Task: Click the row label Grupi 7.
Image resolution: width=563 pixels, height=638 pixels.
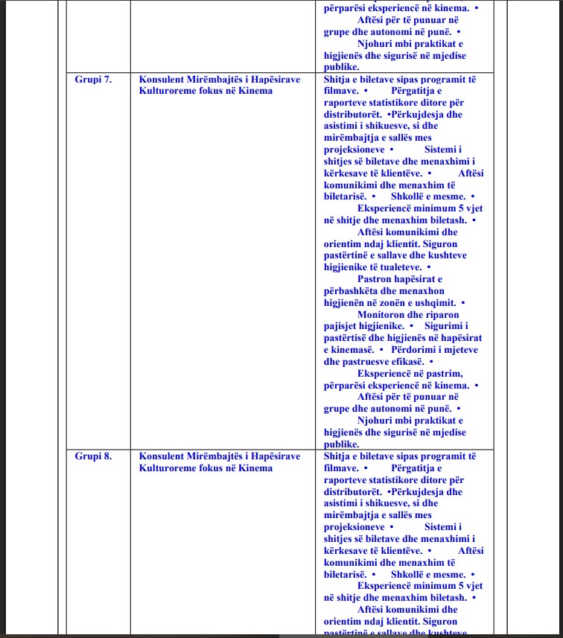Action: [x=93, y=80]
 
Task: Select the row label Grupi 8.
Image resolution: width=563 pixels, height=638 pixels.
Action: [x=93, y=456]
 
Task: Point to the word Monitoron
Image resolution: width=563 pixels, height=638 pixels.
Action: [x=383, y=314]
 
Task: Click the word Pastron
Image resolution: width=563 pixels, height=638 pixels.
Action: [x=376, y=279]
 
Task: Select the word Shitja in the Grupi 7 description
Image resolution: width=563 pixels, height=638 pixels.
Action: [x=340, y=80]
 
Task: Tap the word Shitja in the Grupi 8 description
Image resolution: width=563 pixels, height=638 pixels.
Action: [x=340, y=456]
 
